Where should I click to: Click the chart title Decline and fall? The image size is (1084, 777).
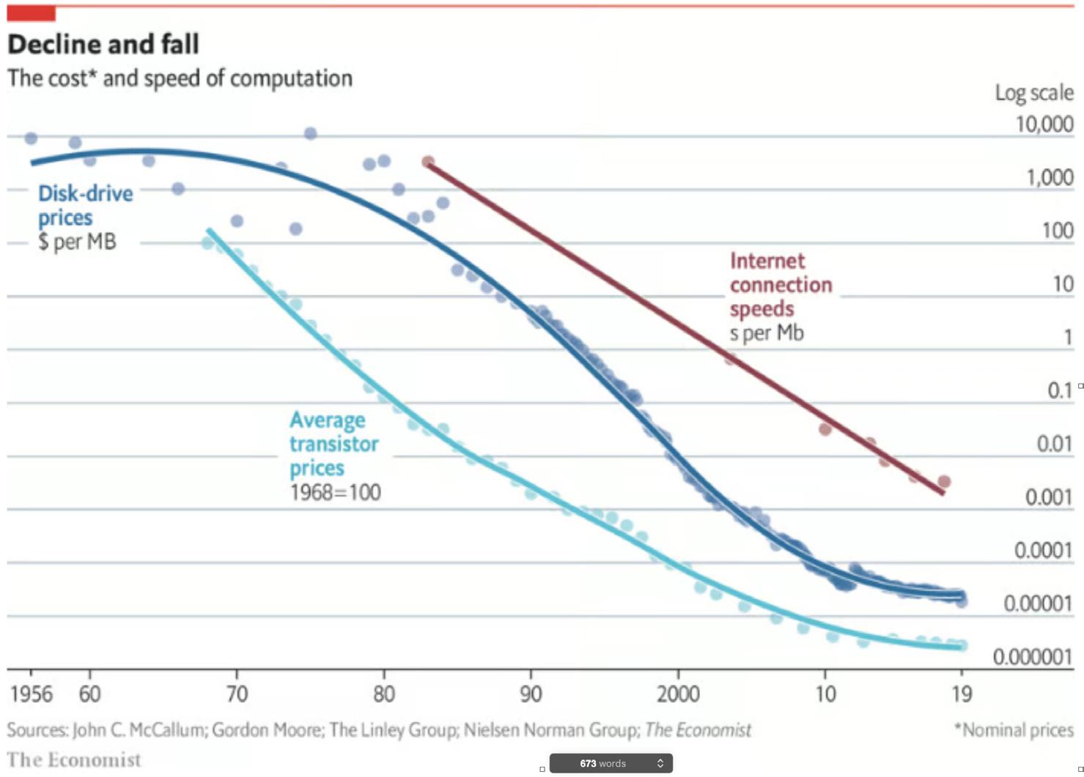pyautogui.click(x=103, y=45)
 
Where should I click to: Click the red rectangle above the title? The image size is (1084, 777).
pyautogui.click(x=31, y=13)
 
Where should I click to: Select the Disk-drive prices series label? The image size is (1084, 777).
pyautogui.click(x=85, y=205)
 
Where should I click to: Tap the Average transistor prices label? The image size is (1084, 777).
pyautogui.click(x=333, y=444)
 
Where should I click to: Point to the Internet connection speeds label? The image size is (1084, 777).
pyautogui.click(x=781, y=285)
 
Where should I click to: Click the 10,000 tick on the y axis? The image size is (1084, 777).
pyautogui.click(x=1044, y=124)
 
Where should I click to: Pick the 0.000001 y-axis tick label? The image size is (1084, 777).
pyautogui.click(x=1033, y=656)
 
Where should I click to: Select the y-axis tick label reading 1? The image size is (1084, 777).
pyautogui.click(x=1068, y=337)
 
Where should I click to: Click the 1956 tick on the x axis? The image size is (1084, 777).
pyautogui.click(x=32, y=694)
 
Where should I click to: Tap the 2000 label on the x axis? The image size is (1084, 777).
pyautogui.click(x=678, y=694)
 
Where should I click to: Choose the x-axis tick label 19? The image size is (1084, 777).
pyautogui.click(x=961, y=694)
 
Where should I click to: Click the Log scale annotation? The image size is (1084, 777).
pyautogui.click(x=1033, y=93)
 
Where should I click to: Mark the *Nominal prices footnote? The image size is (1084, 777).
pyautogui.click(x=1013, y=729)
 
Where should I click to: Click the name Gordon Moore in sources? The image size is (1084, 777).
pyautogui.click(x=268, y=730)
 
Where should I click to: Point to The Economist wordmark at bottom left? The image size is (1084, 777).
pyautogui.click(x=74, y=759)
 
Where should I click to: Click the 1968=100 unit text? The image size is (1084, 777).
pyautogui.click(x=335, y=492)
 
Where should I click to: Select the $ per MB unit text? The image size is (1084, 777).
pyautogui.click(x=77, y=242)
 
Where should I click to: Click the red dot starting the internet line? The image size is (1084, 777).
pyautogui.click(x=428, y=162)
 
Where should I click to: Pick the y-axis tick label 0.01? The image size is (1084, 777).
pyautogui.click(x=1055, y=444)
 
